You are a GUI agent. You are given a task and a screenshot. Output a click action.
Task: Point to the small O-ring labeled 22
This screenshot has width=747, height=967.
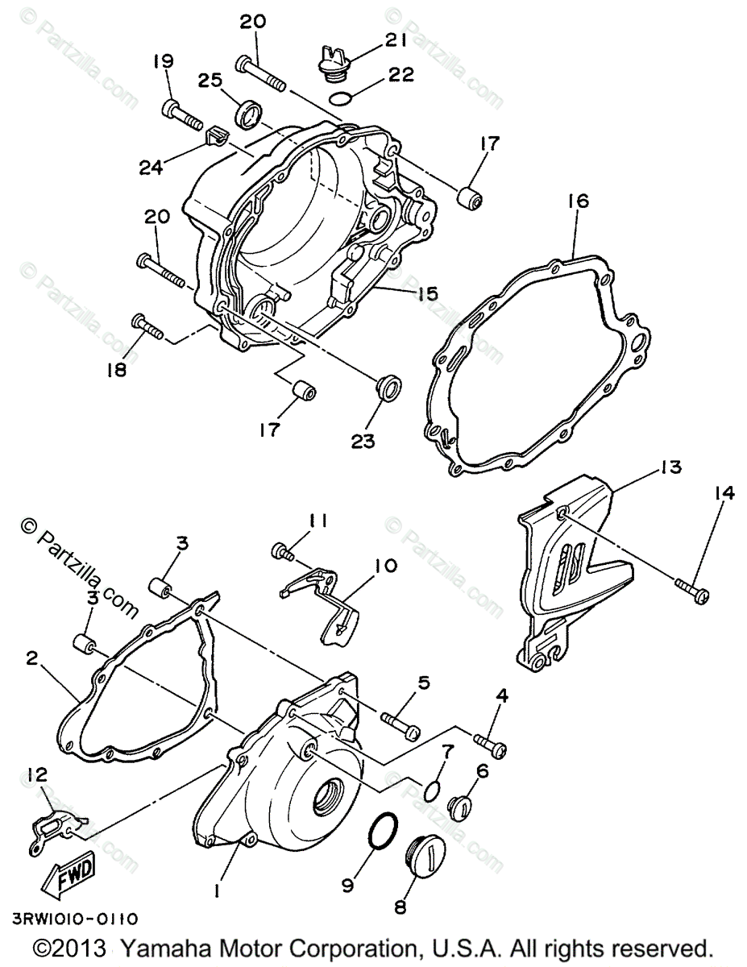(342, 99)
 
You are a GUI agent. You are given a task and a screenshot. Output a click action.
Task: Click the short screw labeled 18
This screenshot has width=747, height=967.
(147, 326)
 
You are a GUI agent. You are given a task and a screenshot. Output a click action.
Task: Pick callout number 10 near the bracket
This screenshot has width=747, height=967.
(385, 566)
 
